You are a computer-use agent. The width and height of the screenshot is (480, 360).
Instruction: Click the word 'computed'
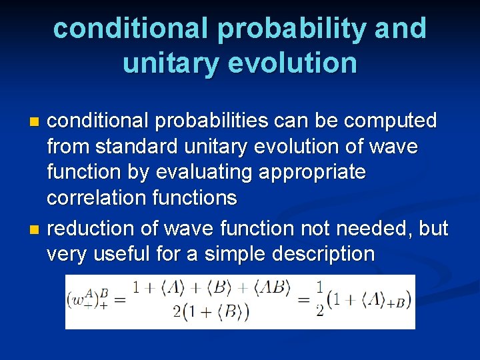pos(389,121)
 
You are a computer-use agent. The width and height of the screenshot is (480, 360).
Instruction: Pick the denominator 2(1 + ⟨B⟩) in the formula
pos(211,312)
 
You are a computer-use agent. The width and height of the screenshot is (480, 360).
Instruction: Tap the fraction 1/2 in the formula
pos(320,300)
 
